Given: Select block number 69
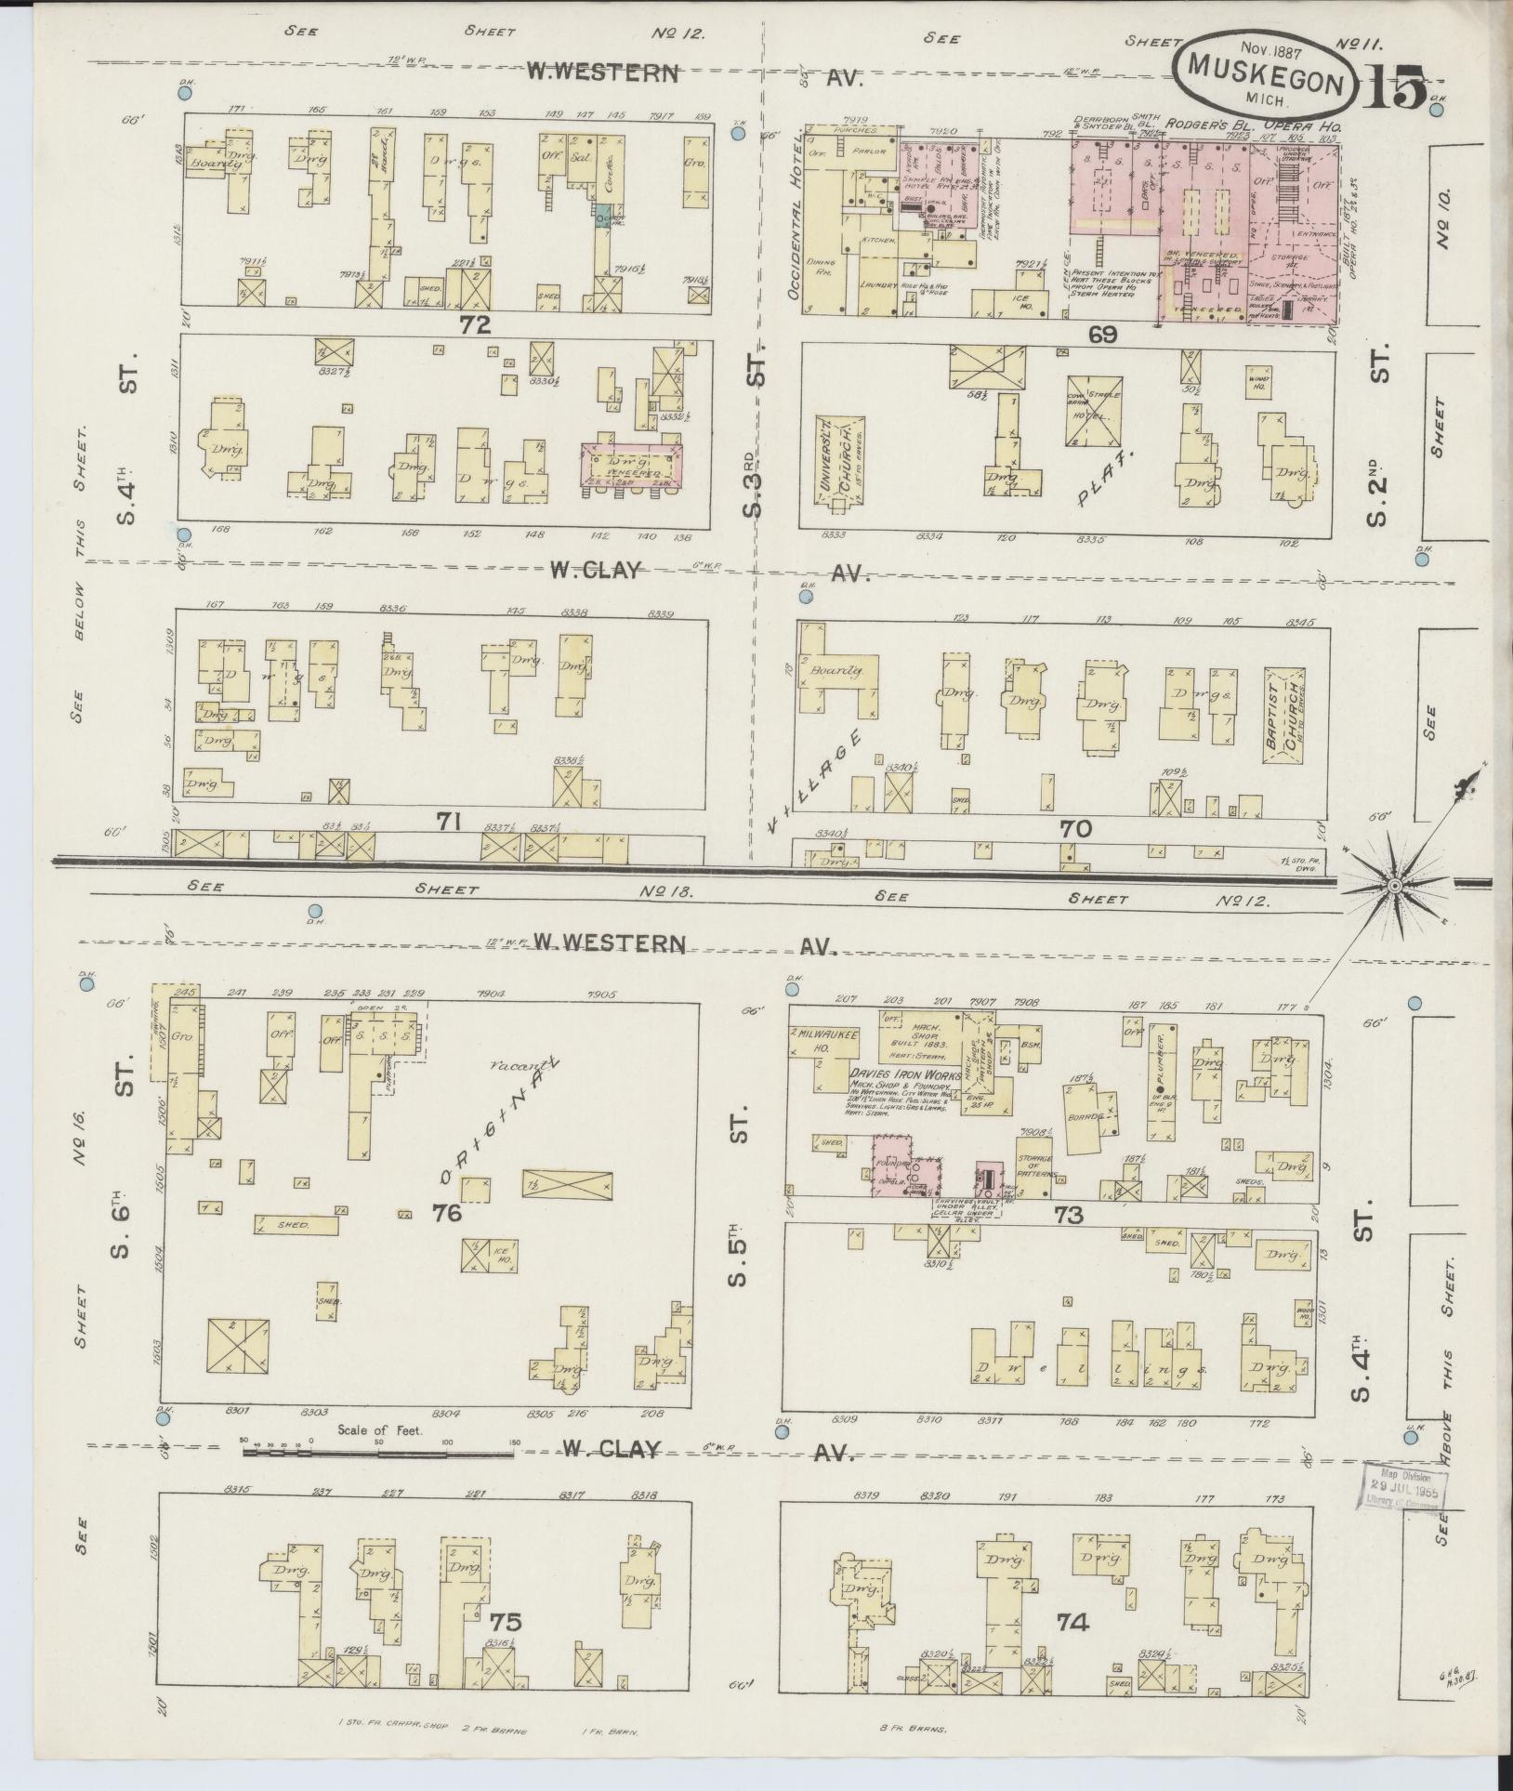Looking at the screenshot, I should point(1102,334).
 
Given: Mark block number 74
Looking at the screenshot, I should point(1073,1622).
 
